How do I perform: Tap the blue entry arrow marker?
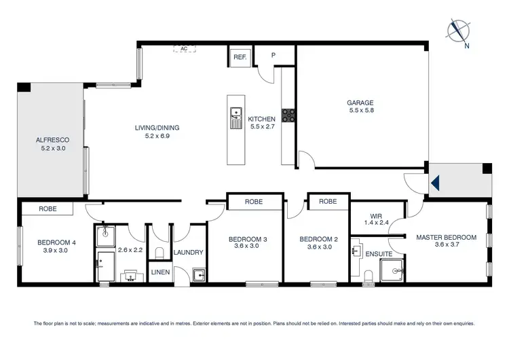point(436,182)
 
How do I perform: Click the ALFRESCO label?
point(52,140)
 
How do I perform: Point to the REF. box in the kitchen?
point(240,58)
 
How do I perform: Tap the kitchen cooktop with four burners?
point(288,115)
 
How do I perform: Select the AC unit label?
point(184,49)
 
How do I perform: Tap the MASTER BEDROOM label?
point(446,237)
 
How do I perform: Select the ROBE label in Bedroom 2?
point(327,202)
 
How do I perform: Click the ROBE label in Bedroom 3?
point(254,202)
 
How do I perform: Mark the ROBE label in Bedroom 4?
point(48,209)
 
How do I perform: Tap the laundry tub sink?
point(198,276)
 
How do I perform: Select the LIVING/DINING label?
point(157,128)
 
